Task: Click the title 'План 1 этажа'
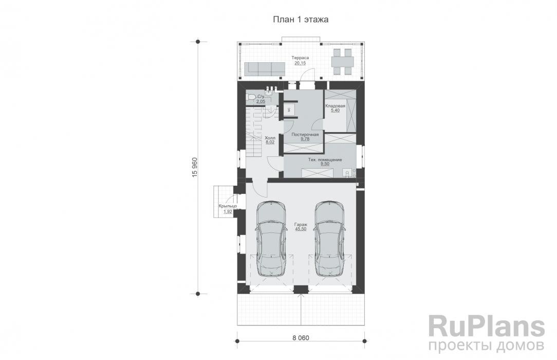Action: [x=301, y=19]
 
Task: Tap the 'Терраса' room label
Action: [x=300, y=58]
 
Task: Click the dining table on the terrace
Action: [x=341, y=62]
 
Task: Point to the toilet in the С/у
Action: [x=251, y=98]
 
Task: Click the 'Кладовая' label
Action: [x=335, y=105]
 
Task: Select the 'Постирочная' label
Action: [x=305, y=134]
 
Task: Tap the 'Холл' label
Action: [x=270, y=138]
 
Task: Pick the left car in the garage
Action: [x=271, y=238]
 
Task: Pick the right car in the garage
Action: [x=329, y=238]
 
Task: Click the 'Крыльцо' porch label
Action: [x=227, y=206]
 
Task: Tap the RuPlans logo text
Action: [x=486, y=328]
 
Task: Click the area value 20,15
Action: [x=300, y=63]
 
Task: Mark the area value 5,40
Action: [x=335, y=111]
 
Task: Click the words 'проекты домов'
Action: [x=486, y=344]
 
